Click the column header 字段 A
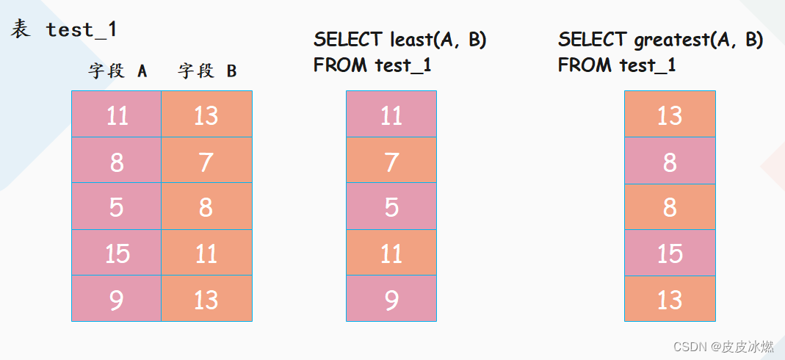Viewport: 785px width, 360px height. [x=117, y=71]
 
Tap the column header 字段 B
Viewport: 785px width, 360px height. [x=207, y=71]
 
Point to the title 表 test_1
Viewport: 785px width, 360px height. [x=64, y=29]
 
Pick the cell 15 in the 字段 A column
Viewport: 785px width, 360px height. [x=117, y=253]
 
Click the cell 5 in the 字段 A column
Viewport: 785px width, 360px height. [x=117, y=206]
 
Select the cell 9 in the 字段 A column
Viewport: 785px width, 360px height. [x=117, y=298]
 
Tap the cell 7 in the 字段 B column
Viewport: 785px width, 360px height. [x=207, y=159]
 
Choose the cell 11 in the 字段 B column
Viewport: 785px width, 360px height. [x=207, y=253]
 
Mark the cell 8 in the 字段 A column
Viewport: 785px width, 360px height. [x=117, y=159]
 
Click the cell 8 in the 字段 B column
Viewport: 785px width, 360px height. [x=207, y=206]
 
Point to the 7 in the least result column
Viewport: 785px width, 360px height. [x=391, y=159]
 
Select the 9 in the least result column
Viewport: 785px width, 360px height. [x=391, y=298]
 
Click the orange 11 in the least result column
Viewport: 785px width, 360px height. [x=391, y=253]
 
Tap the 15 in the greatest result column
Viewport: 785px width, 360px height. [x=670, y=253]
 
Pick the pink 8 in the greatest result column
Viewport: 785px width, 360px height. [x=670, y=159]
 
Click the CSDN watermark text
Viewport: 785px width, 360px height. [x=723, y=347]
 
